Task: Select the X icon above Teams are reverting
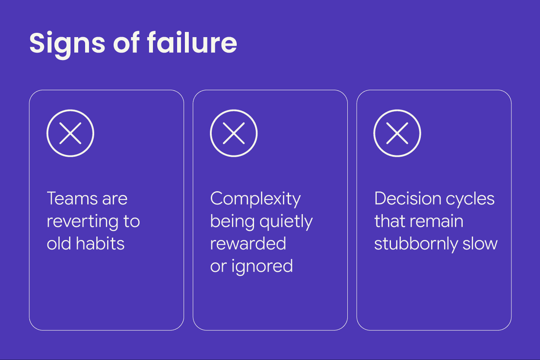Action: [70, 133]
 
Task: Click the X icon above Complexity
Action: [234, 133]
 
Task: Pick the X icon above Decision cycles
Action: [397, 133]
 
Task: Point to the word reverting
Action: [84, 221]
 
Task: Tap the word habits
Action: [100, 244]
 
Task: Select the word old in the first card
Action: [59, 244]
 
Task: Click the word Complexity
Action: [255, 199]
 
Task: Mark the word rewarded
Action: [248, 244]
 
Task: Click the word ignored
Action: [262, 267]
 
